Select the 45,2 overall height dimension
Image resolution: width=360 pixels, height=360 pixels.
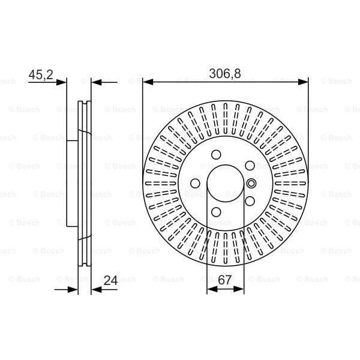tap(41, 74)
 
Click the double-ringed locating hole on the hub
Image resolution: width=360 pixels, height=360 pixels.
tap(251, 184)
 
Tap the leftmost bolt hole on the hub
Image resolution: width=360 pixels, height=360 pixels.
tap(194, 184)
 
